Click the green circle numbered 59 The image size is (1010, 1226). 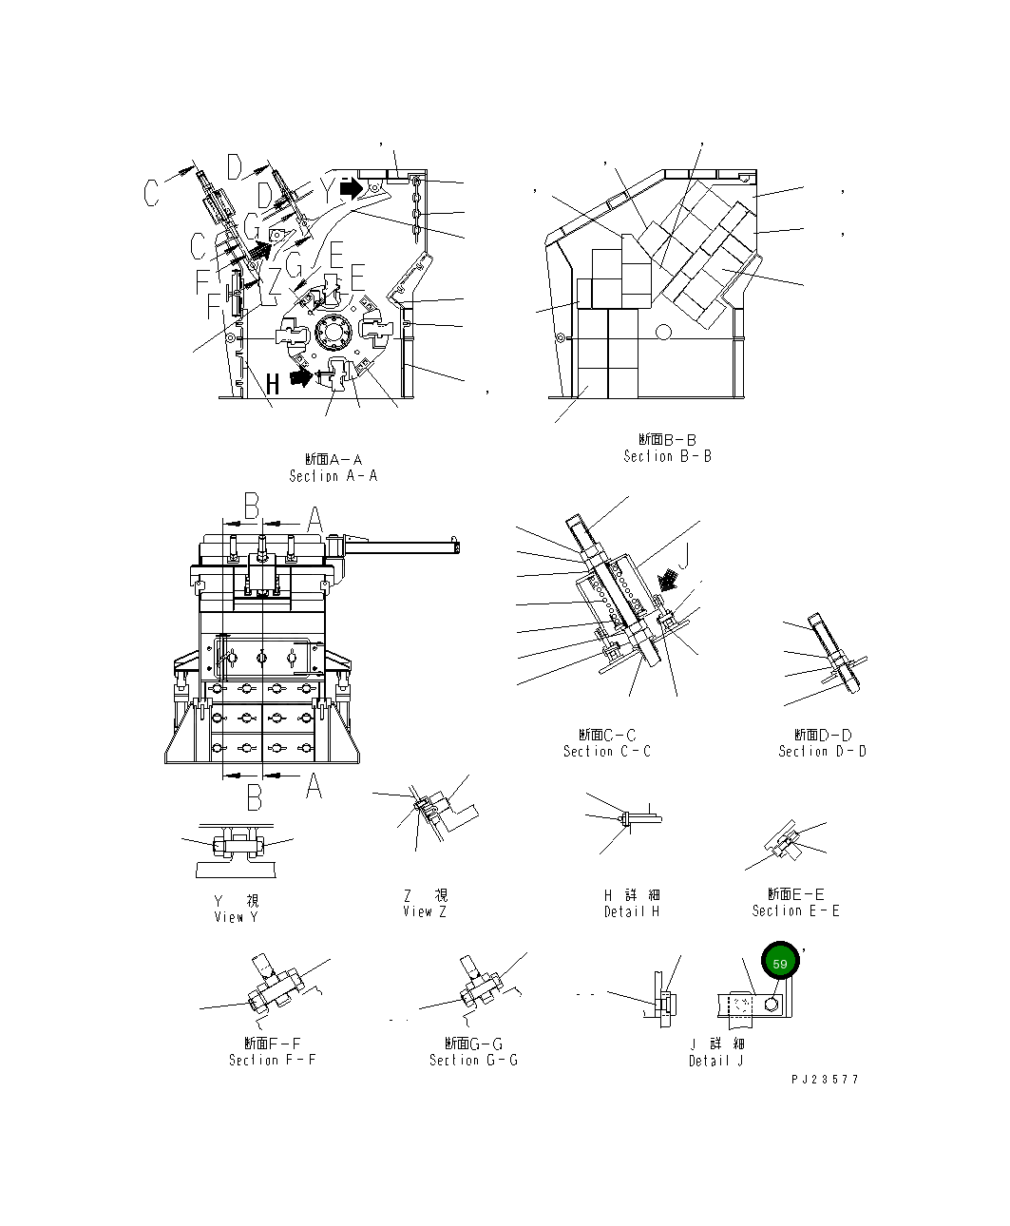(x=780, y=963)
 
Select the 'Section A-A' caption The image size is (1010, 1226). (x=333, y=475)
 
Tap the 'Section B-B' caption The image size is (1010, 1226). (x=667, y=456)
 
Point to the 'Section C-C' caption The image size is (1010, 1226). (x=606, y=752)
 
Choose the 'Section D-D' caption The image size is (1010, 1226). (x=822, y=752)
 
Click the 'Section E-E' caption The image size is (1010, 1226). (x=795, y=911)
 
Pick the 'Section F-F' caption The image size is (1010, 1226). (x=272, y=1061)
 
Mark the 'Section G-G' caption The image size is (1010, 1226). (x=473, y=1061)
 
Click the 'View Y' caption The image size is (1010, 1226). (x=236, y=917)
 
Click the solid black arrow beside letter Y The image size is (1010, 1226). (x=352, y=188)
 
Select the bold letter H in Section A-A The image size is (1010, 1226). (x=273, y=385)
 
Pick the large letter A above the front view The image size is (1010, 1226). (x=314, y=519)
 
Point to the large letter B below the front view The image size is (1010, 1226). (x=254, y=798)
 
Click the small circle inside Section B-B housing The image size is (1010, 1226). (x=663, y=331)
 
